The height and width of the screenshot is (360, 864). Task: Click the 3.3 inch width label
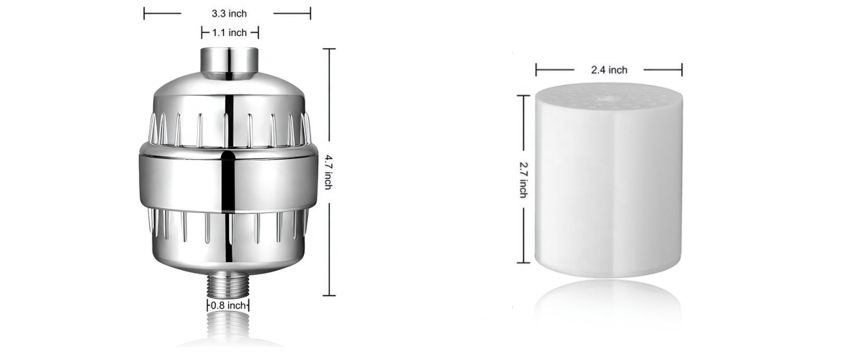coord(229,14)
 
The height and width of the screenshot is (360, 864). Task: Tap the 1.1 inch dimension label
coord(230,33)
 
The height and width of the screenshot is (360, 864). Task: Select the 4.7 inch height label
coord(328,172)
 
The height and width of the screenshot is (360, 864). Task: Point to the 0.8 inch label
coord(228,305)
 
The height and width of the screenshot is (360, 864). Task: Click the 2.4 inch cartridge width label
coord(609,70)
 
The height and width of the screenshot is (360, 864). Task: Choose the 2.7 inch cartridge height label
coord(523,180)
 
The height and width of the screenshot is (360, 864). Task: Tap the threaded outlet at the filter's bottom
coord(228,286)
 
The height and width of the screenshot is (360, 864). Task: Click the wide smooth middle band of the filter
coord(228,181)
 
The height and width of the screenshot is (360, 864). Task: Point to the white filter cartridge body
coord(608,181)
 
